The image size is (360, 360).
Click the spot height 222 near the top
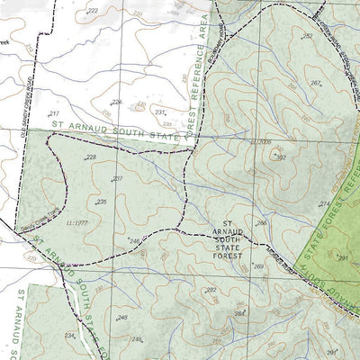[x=94, y=11]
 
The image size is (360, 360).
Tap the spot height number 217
[x=52, y=113]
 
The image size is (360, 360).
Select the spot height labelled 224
[x=116, y=103]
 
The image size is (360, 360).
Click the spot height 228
[x=91, y=157]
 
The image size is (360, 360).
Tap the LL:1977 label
[x=75, y=220]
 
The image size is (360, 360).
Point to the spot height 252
[x=307, y=36]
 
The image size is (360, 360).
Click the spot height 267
[x=316, y=83]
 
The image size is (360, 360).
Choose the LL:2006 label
[x=260, y=142]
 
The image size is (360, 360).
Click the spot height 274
[x=325, y=204]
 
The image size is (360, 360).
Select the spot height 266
[x=261, y=223]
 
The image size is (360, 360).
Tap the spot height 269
[x=258, y=266]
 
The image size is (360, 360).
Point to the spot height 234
[x=69, y=335]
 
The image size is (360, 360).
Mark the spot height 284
[x=240, y=312]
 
